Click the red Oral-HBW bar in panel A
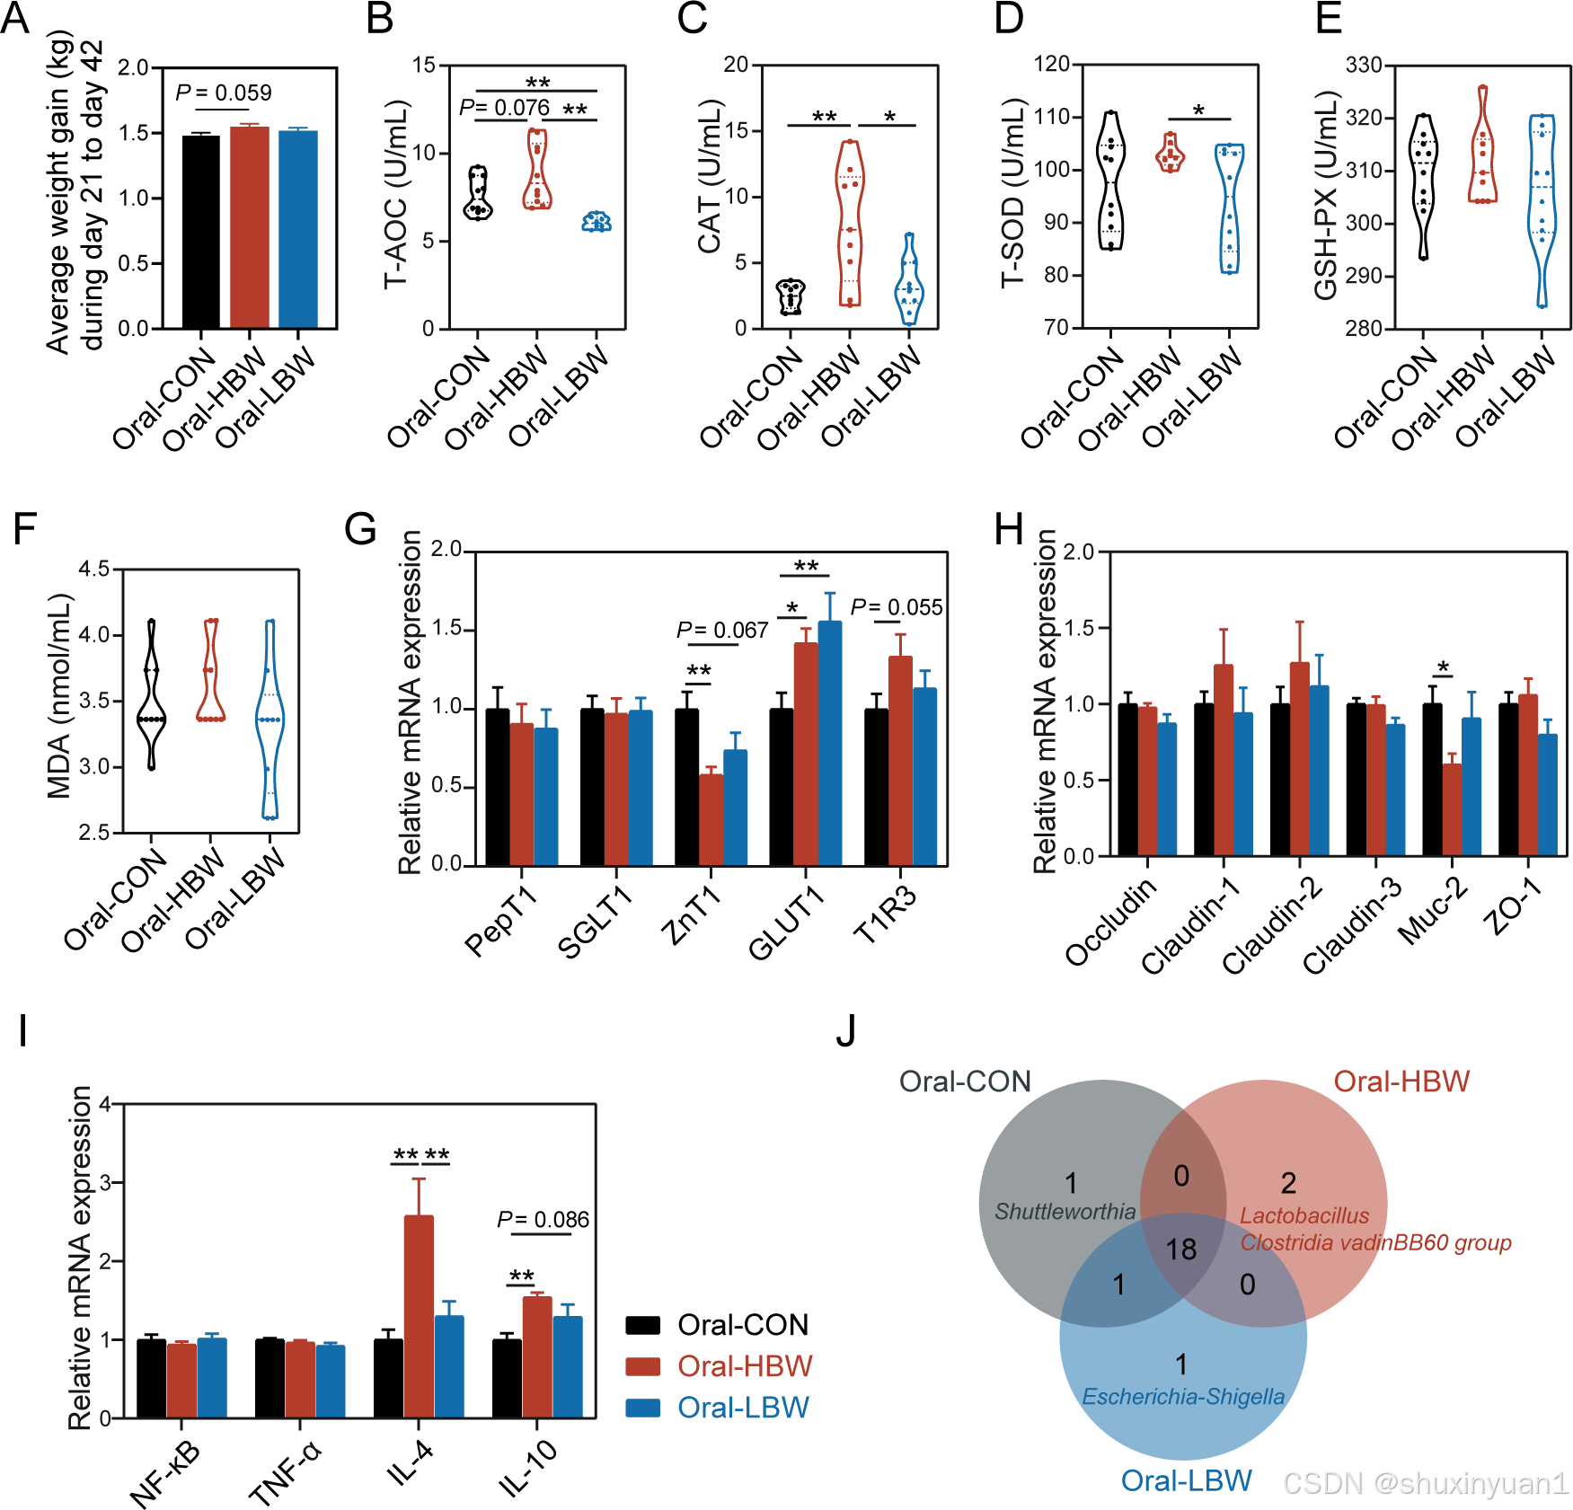(x=249, y=228)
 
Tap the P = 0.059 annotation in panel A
(x=223, y=93)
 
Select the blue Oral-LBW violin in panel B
(x=596, y=221)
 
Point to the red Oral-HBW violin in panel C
(x=850, y=225)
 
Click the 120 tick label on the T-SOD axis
(x=1051, y=65)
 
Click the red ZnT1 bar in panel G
(x=711, y=819)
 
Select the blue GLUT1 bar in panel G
(x=829, y=743)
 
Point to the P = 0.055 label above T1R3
(x=896, y=607)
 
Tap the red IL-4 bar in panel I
(x=419, y=1316)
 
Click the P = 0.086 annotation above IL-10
(x=543, y=1219)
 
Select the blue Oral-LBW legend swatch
(x=642, y=1408)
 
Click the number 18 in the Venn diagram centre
(x=1180, y=1250)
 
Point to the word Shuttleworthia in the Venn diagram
(x=1065, y=1212)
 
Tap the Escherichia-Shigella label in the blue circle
(x=1182, y=1397)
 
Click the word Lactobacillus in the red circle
(x=1304, y=1215)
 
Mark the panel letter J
(x=845, y=1031)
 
